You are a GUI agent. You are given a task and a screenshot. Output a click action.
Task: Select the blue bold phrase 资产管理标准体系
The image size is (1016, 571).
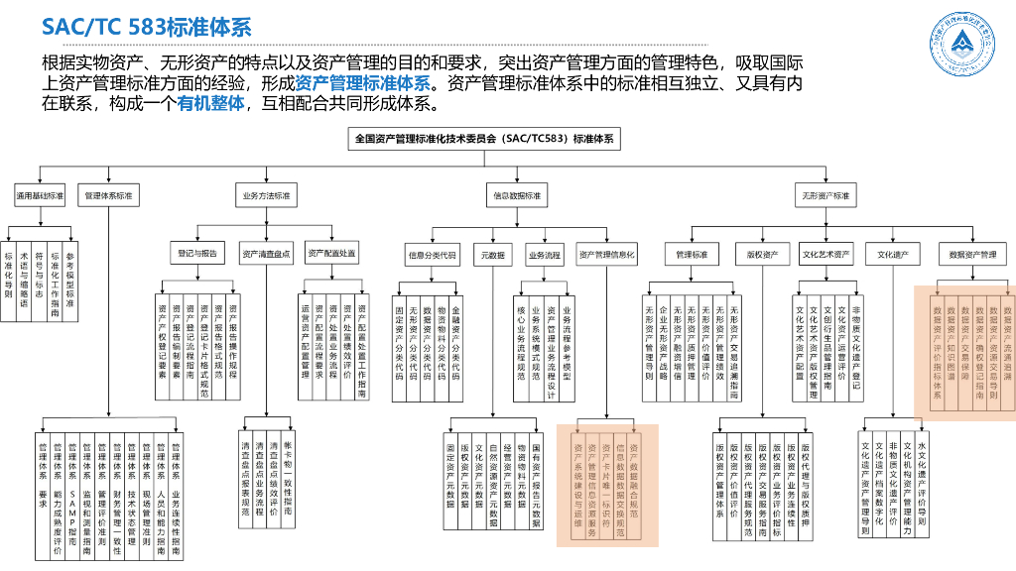tap(362, 83)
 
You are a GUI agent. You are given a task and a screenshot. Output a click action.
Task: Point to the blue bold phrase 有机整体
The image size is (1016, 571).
tap(211, 103)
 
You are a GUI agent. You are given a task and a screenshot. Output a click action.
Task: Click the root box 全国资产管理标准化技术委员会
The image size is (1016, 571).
tap(485, 140)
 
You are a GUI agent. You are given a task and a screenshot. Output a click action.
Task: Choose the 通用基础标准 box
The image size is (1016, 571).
tap(40, 196)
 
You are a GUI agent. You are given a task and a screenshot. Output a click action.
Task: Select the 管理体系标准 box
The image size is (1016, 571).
tap(108, 196)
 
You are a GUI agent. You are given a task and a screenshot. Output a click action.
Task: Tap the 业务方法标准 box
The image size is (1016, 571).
tap(267, 196)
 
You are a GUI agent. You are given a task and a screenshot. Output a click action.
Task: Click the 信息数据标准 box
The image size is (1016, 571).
tap(517, 196)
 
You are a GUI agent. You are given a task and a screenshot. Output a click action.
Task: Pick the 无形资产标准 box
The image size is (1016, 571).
tap(826, 196)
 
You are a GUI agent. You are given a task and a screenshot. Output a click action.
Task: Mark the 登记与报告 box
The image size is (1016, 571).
tap(195, 254)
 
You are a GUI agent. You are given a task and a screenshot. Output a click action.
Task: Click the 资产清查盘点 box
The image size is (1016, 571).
tap(267, 254)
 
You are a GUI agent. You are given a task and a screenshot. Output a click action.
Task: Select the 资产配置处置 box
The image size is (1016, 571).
tap(331, 254)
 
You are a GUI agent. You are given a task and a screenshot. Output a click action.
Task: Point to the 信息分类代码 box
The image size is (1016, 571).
tap(433, 255)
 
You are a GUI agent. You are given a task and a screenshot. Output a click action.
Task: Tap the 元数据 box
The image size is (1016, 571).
tap(493, 255)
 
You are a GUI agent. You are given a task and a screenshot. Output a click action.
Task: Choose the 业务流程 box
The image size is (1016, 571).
tap(544, 255)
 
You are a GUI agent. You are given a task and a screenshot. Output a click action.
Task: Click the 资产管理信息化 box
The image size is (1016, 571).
tap(606, 255)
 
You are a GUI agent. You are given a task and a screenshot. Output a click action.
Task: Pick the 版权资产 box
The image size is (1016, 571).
tap(762, 255)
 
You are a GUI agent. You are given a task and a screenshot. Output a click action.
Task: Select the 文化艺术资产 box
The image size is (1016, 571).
tap(826, 255)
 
